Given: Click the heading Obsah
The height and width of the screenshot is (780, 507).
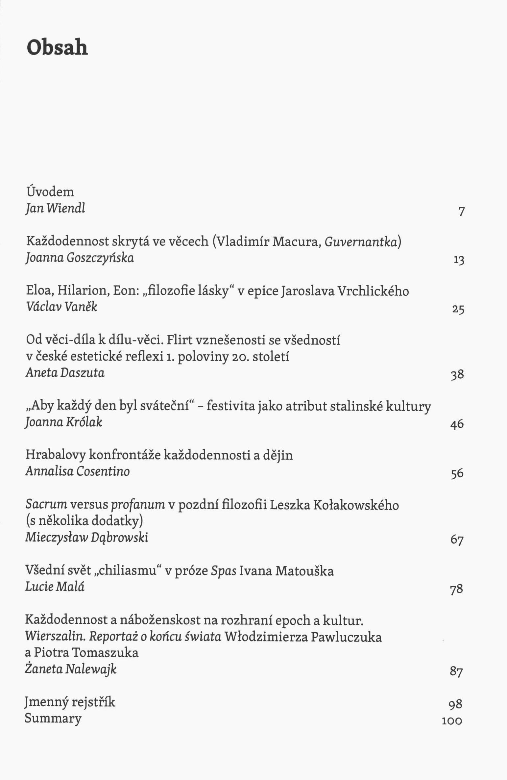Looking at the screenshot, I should click(x=57, y=47).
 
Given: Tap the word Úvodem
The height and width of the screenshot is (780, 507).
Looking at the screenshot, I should click(x=50, y=192).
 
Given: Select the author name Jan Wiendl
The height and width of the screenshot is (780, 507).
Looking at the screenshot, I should click(x=55, y=208).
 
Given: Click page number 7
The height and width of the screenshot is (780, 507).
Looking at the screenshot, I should click(x=462, y=211).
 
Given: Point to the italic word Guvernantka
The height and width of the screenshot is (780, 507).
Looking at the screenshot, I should click(x=361, y=242).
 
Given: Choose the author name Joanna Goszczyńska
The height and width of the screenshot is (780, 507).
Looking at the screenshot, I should click(x=80, y=258).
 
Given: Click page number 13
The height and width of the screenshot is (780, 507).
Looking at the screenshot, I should click(x=459, y=261).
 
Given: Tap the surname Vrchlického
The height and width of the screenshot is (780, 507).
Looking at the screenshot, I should click(x=373, y=291).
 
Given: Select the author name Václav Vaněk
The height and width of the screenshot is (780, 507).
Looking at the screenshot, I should click(x=61, y=307).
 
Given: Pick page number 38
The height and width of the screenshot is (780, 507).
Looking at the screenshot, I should click(x=457, y=375).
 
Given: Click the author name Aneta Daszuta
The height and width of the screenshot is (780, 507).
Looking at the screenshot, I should click(x=65, y=373).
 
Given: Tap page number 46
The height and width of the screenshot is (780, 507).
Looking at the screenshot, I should click(x=457, y=424).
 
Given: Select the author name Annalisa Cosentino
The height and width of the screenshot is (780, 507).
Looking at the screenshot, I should click(x=78, y=471).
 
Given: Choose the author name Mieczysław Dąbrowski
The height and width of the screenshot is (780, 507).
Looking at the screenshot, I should click(x=87, y=537).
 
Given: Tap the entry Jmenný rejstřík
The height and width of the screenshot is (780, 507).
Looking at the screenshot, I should click(x=70, y=702).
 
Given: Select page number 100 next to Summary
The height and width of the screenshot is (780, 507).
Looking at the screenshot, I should click(x=452, y=721).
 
